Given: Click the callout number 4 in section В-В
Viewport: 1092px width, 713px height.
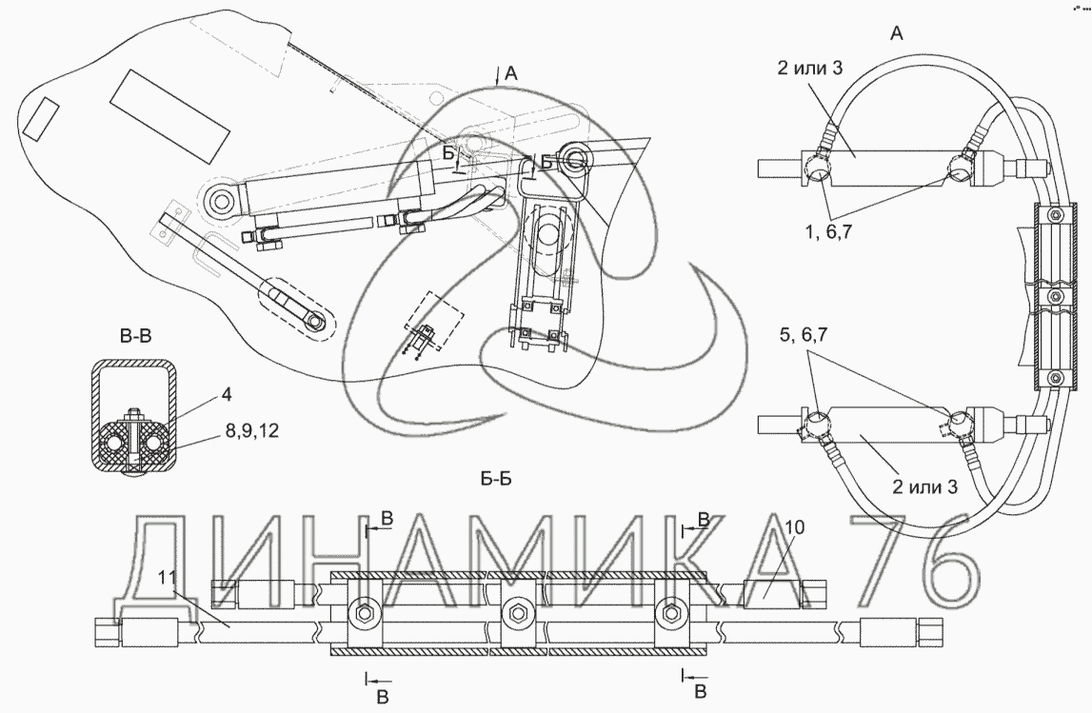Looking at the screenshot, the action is [227, 395].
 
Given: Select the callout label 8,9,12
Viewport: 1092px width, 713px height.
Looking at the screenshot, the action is [251, 431].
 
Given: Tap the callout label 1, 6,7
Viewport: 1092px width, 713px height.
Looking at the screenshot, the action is [828, 232].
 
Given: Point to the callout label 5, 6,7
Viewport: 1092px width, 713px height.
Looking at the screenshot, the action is [803, 335].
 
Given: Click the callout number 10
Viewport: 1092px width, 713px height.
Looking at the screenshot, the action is [795, 527].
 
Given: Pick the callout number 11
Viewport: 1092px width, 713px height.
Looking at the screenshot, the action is [167, 577].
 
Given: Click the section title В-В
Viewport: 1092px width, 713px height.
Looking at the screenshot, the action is [135, 337].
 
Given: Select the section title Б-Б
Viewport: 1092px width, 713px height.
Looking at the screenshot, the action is [496, 479].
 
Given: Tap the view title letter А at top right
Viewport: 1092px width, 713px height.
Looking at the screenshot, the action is [897, 32].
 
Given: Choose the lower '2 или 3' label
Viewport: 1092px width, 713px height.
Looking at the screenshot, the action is [924, 486].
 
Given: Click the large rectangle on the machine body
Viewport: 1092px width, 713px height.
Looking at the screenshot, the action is [169, 115].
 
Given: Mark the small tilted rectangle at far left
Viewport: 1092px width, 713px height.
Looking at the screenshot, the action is [41, 117].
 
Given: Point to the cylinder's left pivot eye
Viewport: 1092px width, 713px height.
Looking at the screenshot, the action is [222, 201].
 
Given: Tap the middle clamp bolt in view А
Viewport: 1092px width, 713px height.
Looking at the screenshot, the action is [1057, 297].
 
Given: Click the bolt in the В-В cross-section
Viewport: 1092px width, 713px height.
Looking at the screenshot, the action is [134, 442].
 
